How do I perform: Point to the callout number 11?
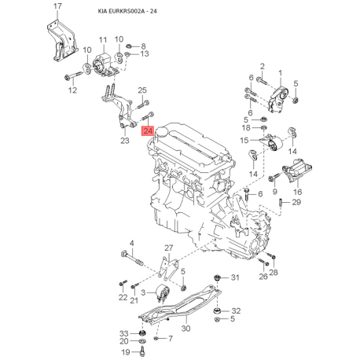(102, 40)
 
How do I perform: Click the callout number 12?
(72, 90)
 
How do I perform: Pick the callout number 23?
(124, 141)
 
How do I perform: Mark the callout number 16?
(296, 191)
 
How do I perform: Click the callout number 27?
(167, 248)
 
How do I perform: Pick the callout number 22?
(123, 298)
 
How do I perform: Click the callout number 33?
(123, 333)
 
